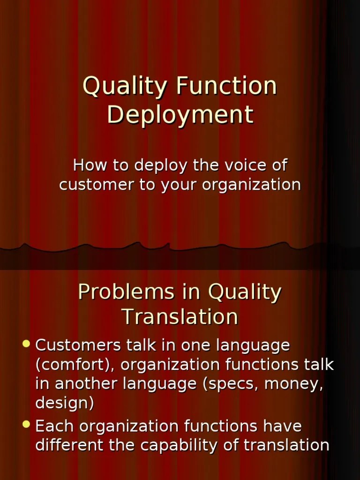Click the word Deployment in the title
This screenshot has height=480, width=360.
(180, 115)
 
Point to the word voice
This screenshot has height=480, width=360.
(232, 165)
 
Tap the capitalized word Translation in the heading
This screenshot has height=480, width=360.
(180, 317)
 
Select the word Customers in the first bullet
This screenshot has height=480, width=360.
(77, 346)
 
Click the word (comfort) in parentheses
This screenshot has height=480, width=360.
(75, 365)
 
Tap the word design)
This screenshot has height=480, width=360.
(65, 403)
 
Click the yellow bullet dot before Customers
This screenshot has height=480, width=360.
(26, 345)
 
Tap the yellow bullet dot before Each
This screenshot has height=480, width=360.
(26, 425)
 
